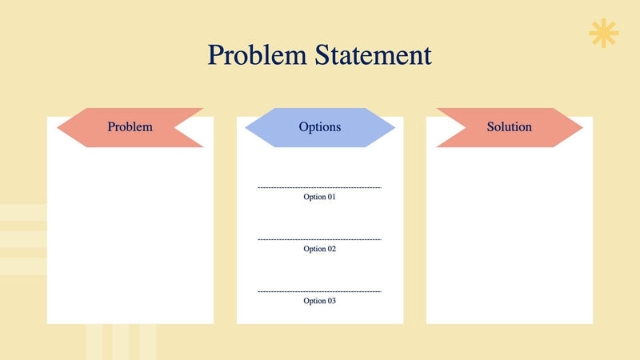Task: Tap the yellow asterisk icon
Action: click(603, 33)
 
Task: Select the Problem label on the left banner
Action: click(130, 127)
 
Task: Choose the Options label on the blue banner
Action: click(319, 127)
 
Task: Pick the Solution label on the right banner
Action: click(509, 127)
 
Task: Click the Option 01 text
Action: click(319, 197)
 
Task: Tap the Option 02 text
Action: click(319, 249)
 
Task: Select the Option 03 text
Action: click(319, 301)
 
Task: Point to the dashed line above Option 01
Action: click(319, 188)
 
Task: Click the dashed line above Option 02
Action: click(319, 239)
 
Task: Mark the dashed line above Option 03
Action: click(319, 291)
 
